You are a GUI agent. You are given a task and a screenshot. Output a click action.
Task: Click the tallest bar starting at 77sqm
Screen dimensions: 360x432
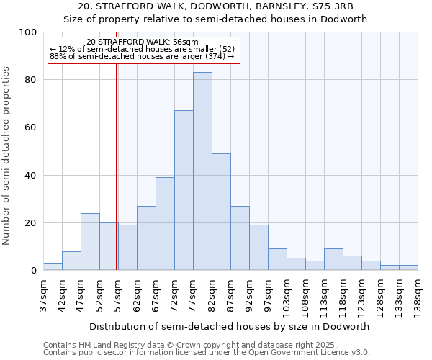tap(202, 171)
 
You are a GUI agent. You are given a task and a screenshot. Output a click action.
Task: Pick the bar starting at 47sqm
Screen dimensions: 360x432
tap(90, 242)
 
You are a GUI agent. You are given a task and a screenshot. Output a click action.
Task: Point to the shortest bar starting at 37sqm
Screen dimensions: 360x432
tap(53, 266)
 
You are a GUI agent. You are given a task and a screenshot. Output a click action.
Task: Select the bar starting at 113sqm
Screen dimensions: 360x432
tap(333, 259)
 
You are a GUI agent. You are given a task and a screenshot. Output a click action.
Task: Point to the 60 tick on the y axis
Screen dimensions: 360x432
tap(31, 127)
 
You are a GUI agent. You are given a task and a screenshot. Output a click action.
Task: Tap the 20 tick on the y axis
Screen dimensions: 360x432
tap(31, 223)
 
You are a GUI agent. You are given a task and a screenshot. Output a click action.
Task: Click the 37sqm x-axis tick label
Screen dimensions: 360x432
tap(44, 292)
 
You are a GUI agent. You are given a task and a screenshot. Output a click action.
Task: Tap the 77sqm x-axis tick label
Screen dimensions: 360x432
tap(194, 292)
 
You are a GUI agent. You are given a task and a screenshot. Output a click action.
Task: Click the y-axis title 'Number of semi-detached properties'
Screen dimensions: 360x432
tap(6, 156)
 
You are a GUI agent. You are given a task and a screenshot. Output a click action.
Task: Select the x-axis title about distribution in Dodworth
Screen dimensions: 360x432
tap(230, 326)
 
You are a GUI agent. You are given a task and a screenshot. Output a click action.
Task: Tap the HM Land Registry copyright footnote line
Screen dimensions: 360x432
tap(195, 345)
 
